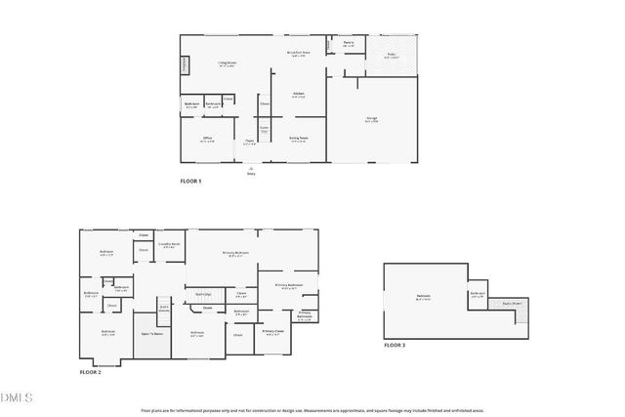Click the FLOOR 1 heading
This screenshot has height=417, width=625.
click(x=190, y=182)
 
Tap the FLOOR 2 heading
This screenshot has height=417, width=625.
click(x=90, y=372)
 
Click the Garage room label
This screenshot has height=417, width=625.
click(x=371, y=120)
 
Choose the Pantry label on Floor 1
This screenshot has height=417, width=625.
click(x=349, y=44)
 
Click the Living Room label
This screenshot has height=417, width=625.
click(x=228, y=64)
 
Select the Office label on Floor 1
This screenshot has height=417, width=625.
click(x=208, y=140)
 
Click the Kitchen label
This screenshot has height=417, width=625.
click(x=298, y=96)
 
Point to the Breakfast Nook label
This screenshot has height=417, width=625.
click(x=298, y=54)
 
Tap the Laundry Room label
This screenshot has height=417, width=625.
click(x=169, y=245)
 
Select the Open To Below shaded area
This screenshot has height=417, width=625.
click(x=151, y=333)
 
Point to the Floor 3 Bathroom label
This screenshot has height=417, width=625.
click(x=478, y=294)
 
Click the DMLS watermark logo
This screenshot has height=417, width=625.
click(x=17, y=397)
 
